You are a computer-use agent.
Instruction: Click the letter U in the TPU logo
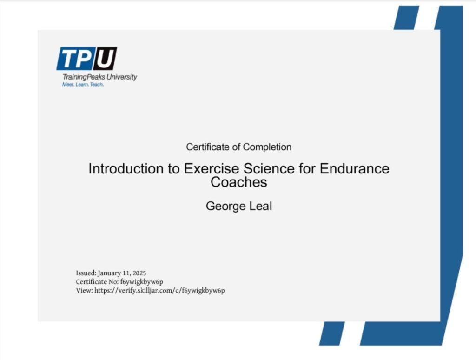[x=105, y=58]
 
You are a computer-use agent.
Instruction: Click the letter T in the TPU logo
[x=69, y=58]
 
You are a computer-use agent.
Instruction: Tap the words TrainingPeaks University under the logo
[x=100, y=77]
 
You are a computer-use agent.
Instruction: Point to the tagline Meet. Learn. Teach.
[x=83, y=85]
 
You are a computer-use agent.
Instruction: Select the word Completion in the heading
[x=267, y=147]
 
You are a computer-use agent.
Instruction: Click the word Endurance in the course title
[x=354, y=169]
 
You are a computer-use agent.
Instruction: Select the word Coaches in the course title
[x=238, y=182]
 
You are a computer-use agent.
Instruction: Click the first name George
[x=225, y=206]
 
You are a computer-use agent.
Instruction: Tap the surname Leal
[x=260, y=206]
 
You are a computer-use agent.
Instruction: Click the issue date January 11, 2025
[x=122, y=273]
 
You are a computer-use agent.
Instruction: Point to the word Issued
[x=86, y=273]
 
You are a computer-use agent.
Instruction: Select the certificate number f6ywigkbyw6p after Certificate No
[x=141, y=282]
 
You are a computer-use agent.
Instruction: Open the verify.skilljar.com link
[x=160, y=291]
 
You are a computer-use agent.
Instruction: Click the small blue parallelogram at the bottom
[x=332, y=333]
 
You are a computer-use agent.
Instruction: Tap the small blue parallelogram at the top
[x=406, y=18]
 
